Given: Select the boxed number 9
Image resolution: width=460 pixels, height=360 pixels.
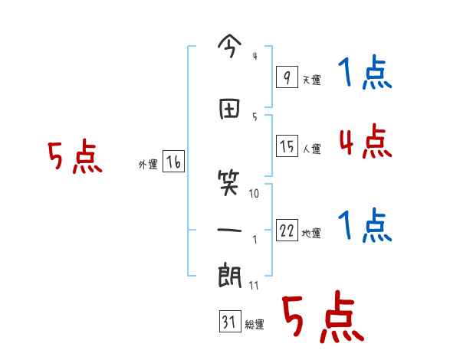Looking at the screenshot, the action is (286, 77).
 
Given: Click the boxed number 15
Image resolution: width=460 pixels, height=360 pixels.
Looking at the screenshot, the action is (287, 146).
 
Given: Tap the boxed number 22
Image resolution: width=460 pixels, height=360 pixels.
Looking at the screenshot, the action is (287, 231).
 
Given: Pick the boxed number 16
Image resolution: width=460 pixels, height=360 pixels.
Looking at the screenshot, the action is (173, 162).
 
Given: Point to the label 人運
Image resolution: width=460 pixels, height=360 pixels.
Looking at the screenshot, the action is (311, 149).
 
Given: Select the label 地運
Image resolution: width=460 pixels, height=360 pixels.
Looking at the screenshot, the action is (311, 234).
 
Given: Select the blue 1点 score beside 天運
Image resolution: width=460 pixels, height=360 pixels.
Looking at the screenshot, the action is (364, 74).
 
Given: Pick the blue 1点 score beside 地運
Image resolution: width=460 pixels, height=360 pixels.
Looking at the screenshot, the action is (364, 227).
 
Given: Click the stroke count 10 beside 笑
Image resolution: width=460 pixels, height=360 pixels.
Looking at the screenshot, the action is (255, 194).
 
